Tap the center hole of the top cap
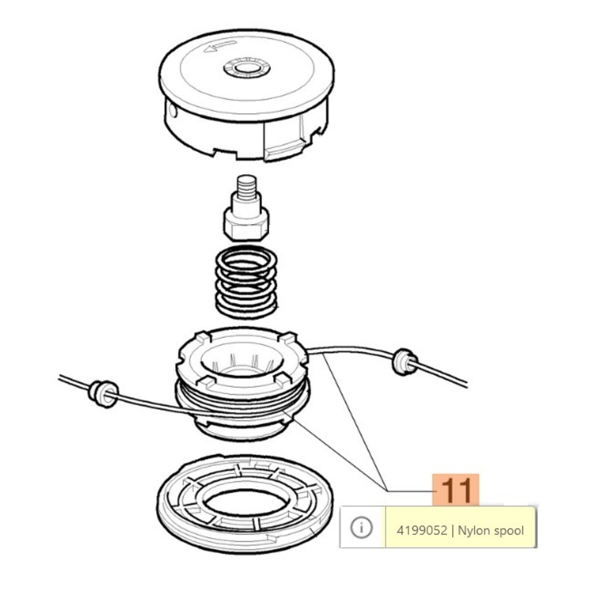[246, 69]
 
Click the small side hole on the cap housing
[172, 110]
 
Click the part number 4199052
[421, 531]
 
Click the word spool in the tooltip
[509, 531]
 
